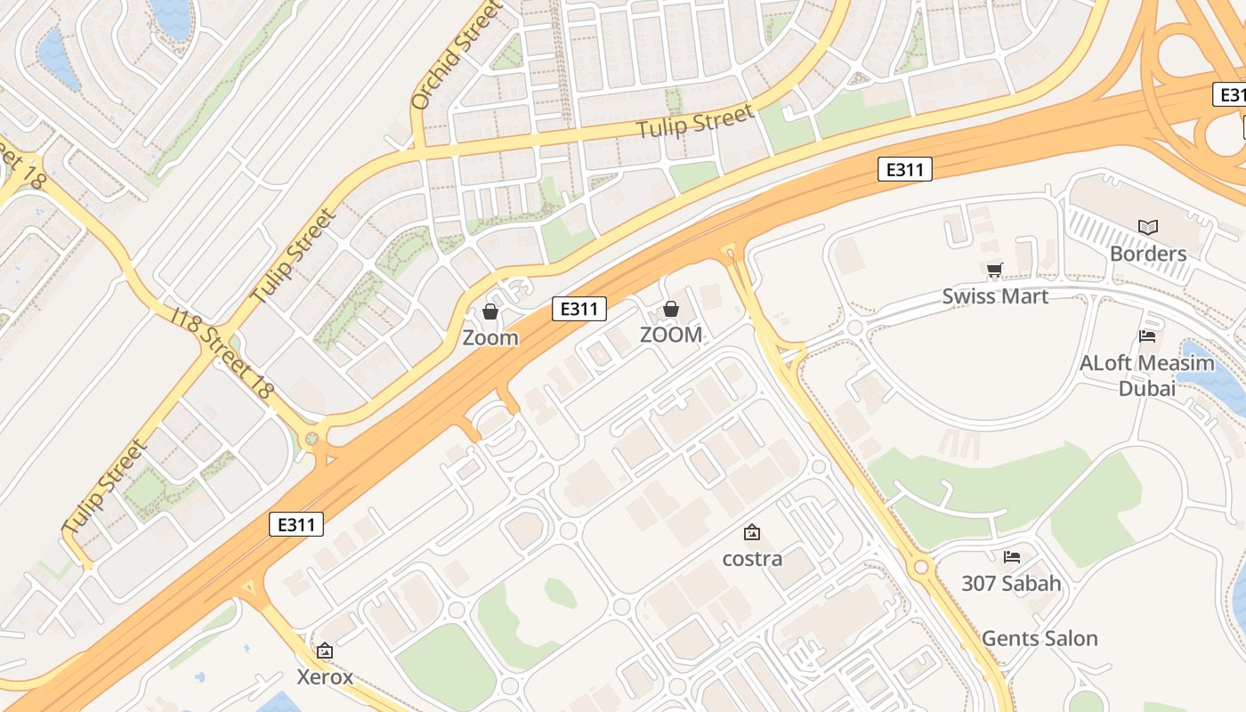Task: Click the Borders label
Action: click(1148, 254)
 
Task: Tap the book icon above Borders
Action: click(1148, 228)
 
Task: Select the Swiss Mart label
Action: click(995, 296)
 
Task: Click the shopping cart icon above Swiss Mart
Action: click(995, 270)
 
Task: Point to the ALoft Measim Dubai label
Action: click(1146, 376)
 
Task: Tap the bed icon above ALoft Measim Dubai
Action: click(1147, 336)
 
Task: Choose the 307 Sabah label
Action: click(1011, 584)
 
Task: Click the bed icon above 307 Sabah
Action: click(1012, 557)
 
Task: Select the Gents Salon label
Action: click(1039, 638)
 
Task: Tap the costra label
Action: click(752, 559)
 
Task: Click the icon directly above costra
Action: click(752, 532)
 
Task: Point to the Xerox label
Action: click(325, 677)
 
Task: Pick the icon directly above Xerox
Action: click(325, 651)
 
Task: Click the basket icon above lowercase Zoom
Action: click(489, 311)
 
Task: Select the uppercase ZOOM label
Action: click(671, 335)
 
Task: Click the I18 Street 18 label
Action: click(222, 354)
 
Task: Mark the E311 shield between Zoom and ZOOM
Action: click(579, 309)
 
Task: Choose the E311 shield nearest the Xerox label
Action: click(296, 524)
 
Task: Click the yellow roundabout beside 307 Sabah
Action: click(921, 566)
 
